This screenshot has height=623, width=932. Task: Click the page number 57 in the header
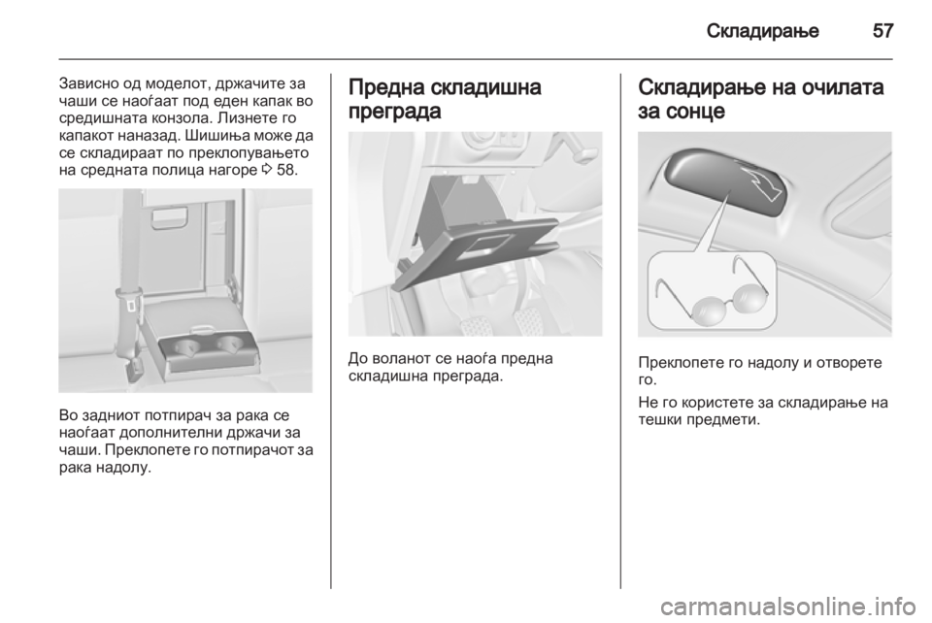click(882, 30)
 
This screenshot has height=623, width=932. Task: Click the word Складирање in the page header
click(763, 30)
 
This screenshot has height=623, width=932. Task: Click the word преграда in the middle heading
click(395, 111)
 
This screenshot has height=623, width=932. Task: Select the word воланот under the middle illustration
click(402, 359)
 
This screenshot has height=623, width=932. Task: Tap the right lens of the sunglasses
click(751, 297)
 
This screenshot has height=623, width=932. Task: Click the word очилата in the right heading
click(840, 87)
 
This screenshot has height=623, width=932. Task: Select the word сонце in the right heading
click(695, 111)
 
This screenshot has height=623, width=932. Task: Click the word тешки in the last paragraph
click(660, 420)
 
